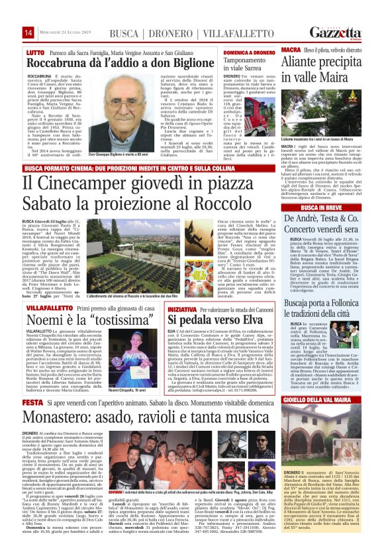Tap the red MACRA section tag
(290, 50)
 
